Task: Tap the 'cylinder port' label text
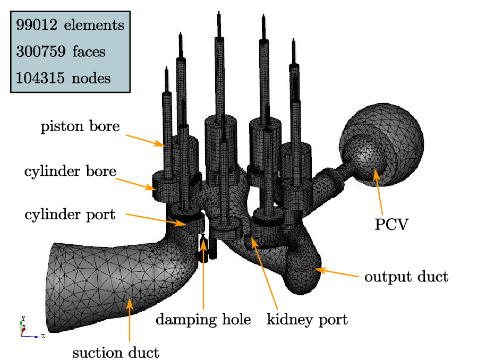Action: tap(70, 215)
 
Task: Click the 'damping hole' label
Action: tap(203, 320)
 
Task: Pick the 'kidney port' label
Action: tap(307, 320)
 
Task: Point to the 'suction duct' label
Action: tap(116, 352)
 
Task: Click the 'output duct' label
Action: tap(406, 277)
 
